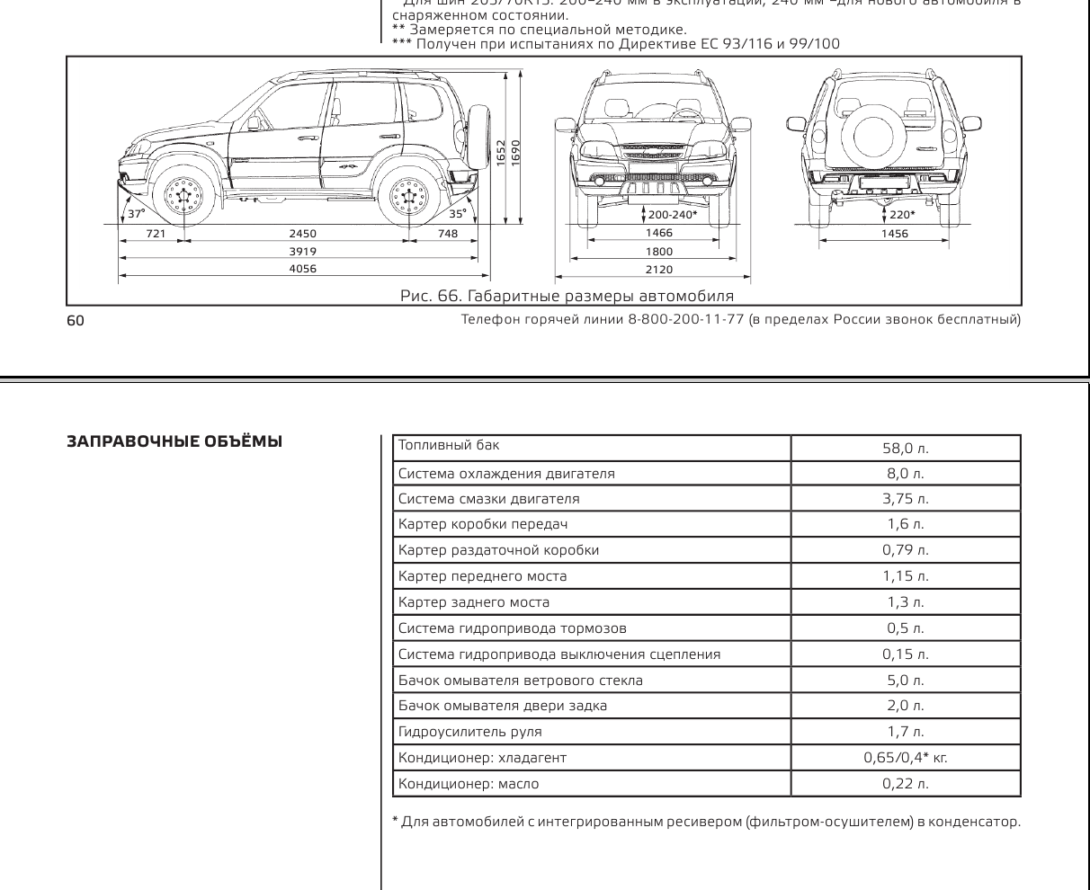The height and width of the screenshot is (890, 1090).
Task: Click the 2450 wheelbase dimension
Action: click(302, 234)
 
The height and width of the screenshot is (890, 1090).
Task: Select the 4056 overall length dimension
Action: click(302, 269)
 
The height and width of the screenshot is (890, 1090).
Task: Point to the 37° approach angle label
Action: click(136, 214)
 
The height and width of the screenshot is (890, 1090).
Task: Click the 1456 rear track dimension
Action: click(894, 234)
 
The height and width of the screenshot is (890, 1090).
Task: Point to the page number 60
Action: click(75, 321)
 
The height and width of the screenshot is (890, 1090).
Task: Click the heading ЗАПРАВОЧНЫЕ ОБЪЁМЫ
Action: click(174, 441)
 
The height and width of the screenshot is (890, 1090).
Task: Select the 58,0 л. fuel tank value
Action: click(905, 448)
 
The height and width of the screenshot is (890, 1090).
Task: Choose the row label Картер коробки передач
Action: click(483, 524)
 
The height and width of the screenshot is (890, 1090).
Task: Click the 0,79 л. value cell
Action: click(905, 550)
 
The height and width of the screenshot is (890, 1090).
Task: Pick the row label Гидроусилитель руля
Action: click(470, 732)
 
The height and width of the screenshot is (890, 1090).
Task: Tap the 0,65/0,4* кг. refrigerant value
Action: click(905, 758)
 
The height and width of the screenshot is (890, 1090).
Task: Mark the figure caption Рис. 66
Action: click(567, 296)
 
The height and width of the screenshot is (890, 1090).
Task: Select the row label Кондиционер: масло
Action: click(469, 784)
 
